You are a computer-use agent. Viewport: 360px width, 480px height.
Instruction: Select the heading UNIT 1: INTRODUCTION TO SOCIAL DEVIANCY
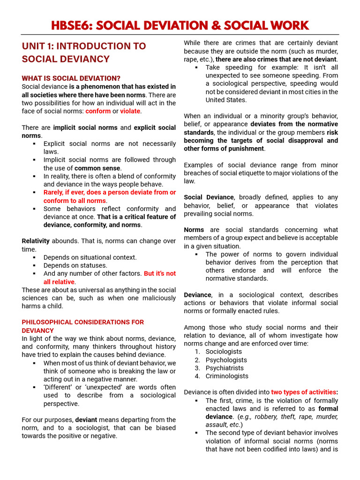[x=83, y=52]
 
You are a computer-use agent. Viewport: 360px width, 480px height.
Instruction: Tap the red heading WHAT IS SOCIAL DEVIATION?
[x=71, y=78]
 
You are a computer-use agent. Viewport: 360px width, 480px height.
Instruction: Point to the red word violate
[x=130, y=111]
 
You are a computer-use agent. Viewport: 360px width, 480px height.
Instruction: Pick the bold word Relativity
[x=36, y=241]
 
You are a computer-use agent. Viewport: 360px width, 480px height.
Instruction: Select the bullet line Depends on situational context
[x=90, y=257]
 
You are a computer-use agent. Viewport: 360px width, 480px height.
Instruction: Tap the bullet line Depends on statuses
[x=75, y=265]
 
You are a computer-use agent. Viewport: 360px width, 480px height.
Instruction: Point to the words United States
[x=226, y=100]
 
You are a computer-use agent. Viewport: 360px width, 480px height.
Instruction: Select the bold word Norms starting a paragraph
[x=194, y=230]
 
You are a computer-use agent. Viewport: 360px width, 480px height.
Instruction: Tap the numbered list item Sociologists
[x=224, y=352]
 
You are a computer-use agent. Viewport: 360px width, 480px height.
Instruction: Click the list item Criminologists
[x=227, y=376]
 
